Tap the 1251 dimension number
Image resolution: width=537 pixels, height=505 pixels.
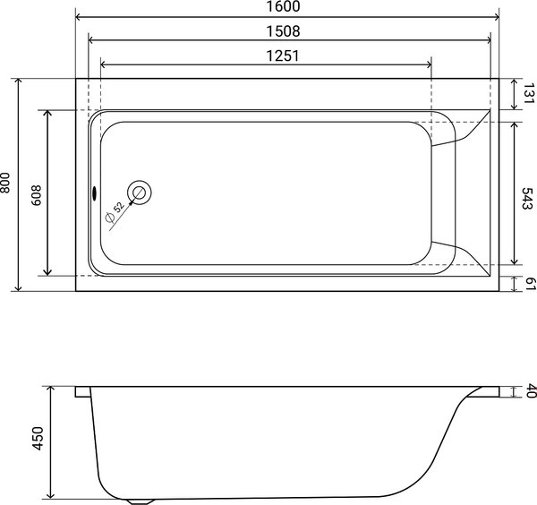(281, 55)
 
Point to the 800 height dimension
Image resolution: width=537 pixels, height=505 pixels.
(7, 184)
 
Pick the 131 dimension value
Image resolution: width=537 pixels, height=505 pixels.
(528, 93)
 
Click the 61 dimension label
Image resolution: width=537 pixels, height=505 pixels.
(528, 284)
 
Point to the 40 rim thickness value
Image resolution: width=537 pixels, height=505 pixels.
(528, 391)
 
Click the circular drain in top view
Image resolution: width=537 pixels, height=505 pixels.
(141, 191)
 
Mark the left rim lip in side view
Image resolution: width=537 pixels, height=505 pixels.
(82, 391)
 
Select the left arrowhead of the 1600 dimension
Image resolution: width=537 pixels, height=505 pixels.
(78, 16)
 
